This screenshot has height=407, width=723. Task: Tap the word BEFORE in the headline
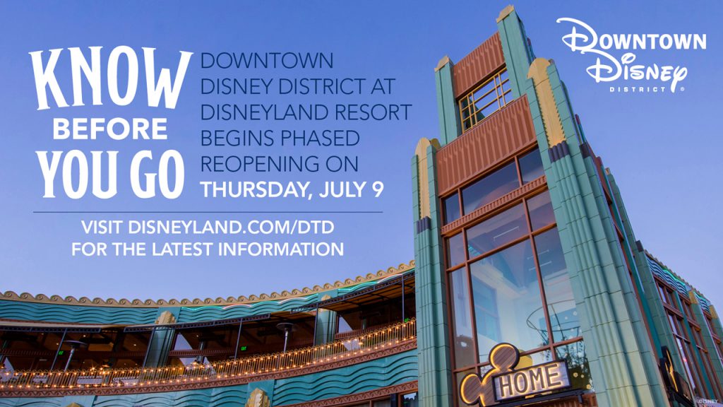[110, 130]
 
